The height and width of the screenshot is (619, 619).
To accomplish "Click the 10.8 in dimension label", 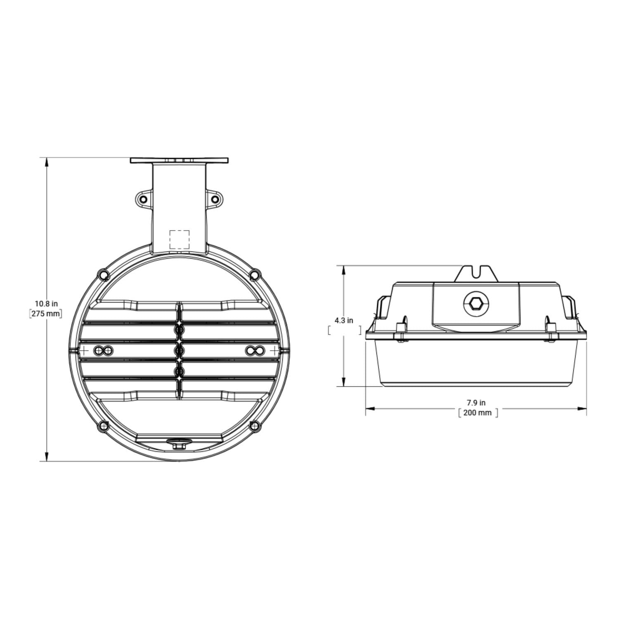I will pos(46,304).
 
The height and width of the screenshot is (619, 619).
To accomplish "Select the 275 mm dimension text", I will pos(46,314).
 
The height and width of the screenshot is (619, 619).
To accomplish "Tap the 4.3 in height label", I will pos(344,320).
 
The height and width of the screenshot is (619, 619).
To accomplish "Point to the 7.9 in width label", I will pos(476,402).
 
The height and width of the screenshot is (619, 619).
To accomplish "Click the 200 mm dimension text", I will pos(477,412).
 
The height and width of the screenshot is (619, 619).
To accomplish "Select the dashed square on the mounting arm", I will pos(180,239).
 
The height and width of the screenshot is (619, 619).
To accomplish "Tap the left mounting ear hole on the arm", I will pos(143,199).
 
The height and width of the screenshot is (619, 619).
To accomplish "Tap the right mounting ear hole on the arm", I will pos(215,199).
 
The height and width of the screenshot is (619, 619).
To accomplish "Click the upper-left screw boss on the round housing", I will pos(102,274).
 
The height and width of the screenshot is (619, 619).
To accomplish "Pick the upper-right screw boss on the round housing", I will pos(255,274).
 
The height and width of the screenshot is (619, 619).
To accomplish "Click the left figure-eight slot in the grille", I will pos(103,351).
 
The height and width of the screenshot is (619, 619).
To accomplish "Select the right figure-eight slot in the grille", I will pos(255,351).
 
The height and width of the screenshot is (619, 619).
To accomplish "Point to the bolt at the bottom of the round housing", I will pos(179,445).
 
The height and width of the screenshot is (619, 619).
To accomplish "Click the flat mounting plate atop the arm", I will pos(179,160).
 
